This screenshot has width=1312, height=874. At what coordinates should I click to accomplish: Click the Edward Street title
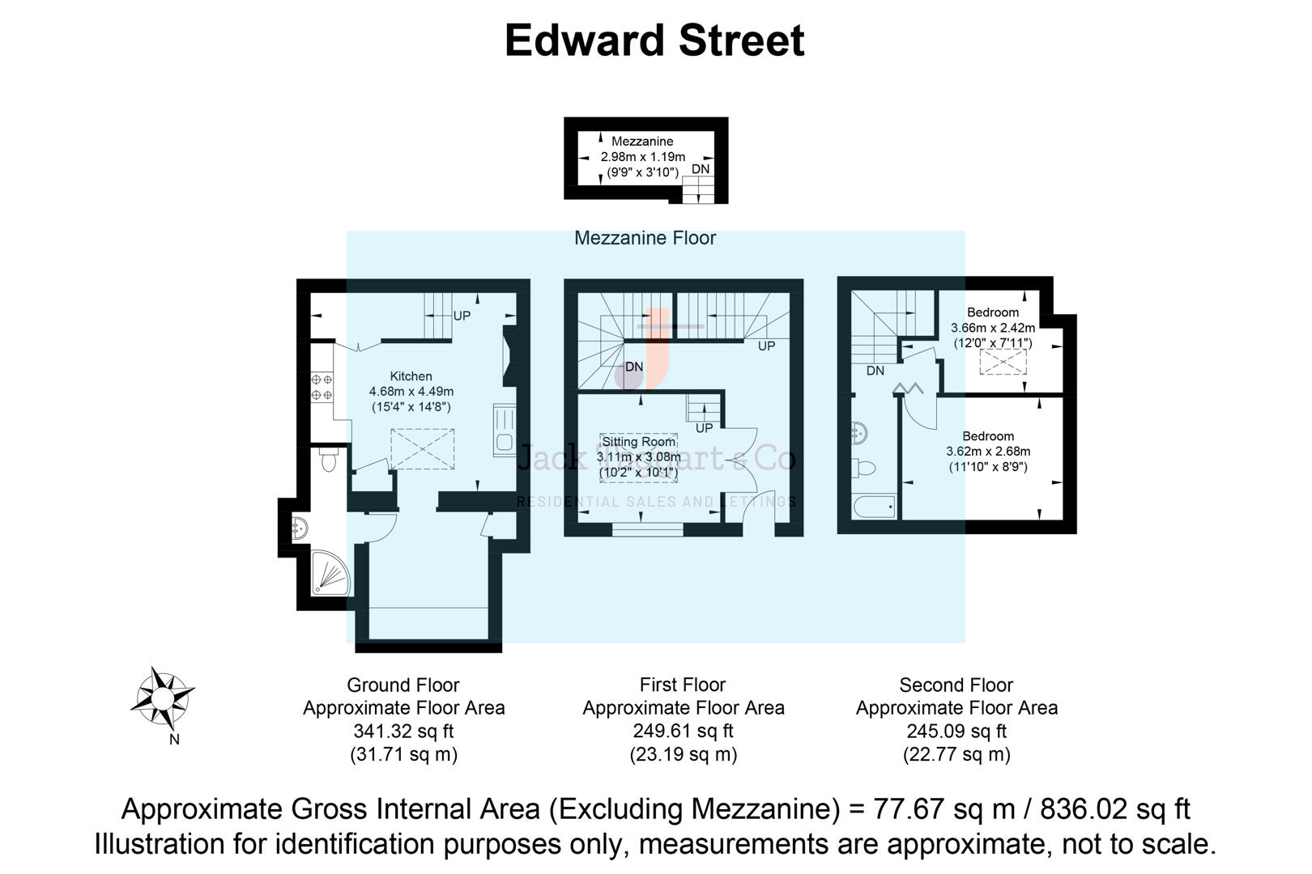click(654, 41)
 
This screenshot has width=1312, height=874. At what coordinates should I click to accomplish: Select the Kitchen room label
click(411, 376)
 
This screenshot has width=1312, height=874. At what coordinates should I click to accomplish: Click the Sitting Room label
click(638, 442)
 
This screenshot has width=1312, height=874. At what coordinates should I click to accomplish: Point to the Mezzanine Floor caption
click(645, 238)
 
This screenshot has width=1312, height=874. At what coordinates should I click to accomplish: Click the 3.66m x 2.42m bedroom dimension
click(993, 328)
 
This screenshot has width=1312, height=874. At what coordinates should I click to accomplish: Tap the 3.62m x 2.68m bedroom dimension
click(988, 452)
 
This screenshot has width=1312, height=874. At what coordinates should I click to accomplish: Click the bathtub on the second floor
click(875, 507)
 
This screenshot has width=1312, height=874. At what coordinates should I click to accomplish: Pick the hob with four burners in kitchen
click(322, 387)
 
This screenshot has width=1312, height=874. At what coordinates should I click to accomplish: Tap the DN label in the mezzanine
click(701, 169)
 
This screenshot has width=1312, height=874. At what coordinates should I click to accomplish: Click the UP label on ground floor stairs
click(462, 316)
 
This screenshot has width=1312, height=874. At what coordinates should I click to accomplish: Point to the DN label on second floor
click(875, 371)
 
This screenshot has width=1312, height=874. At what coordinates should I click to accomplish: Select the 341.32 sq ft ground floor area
click(403, 732)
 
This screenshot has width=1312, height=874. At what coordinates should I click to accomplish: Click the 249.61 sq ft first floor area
click(683, 732)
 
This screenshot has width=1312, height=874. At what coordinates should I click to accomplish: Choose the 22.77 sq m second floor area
click(956, 755)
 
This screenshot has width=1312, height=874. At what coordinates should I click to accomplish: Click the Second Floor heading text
click(956, 685)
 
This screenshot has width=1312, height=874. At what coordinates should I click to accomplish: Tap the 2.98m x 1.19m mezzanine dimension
click(642, 157)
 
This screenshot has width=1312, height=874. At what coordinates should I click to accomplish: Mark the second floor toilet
click(865, 468)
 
